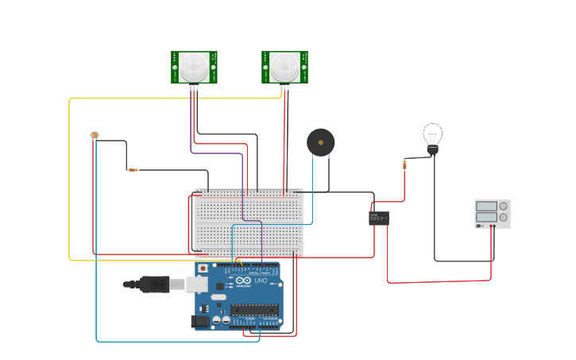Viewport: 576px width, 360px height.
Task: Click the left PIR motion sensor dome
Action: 194,67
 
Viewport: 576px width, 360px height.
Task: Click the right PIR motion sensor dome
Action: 284,67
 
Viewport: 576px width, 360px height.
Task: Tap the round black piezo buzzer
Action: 320,142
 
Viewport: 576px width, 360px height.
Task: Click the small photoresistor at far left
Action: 95,136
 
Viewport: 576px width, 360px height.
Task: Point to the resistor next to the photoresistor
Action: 133,169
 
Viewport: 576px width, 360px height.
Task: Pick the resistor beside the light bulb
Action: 404,165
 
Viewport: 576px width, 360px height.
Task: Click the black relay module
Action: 379,218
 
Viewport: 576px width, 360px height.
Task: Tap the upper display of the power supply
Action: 485,207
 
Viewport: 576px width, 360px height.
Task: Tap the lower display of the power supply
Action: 485,218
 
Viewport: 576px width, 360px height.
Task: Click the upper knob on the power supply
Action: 503,207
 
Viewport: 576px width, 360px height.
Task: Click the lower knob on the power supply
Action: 503,218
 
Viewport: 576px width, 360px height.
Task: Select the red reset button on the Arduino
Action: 203,269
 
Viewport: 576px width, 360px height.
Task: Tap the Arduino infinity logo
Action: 242,281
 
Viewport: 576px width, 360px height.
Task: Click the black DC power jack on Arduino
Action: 200,321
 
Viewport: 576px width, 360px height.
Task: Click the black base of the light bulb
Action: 433,149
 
